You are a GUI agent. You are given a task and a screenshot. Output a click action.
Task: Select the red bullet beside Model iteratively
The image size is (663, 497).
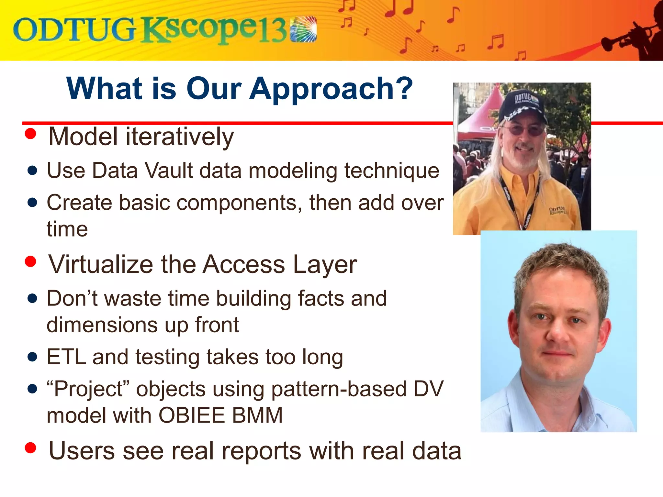[x=30, y=134]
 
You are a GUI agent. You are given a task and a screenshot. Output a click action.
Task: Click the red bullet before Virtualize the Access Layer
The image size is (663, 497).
[x=30, y=261]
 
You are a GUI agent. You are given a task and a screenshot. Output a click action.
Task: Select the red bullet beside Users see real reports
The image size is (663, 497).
[x=30, y=448]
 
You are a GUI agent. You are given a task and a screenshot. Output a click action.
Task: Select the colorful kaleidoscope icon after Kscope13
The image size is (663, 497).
[x=303, y=29]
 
